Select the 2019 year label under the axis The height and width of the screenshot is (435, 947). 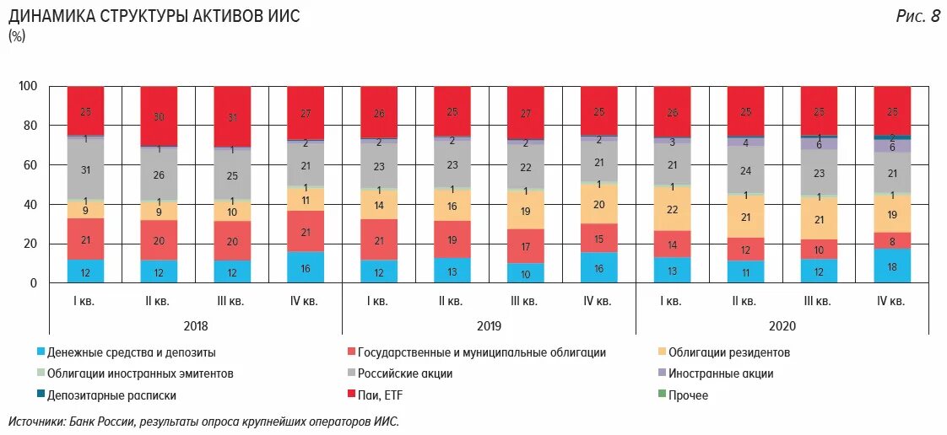pyautogui.click(x=488, y=325)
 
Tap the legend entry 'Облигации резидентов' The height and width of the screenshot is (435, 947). pyautogui.click(x=728, y=352)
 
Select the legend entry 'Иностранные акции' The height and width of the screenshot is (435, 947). pyautogui.click(x=720, y=373)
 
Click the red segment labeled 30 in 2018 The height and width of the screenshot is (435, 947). pyautogui.click(x=159, y=116)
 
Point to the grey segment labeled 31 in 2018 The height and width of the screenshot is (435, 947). pyautogui.click(x=85, y=169)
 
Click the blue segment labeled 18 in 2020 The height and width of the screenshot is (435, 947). pyautogui.click(x=892, y=266)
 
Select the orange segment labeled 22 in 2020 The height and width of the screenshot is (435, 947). pyautogui.click(x=672, y=209)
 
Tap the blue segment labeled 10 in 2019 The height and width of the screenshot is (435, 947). pyautogui.click(x=525, y=273)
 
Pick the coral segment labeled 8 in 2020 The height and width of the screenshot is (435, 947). pyautogui.click(x=892, y=240)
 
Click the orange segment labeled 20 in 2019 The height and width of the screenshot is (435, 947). pyautogui.click(x=598, y=204)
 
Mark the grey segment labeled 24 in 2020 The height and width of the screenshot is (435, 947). pyautogui.click(x=745, y=170)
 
